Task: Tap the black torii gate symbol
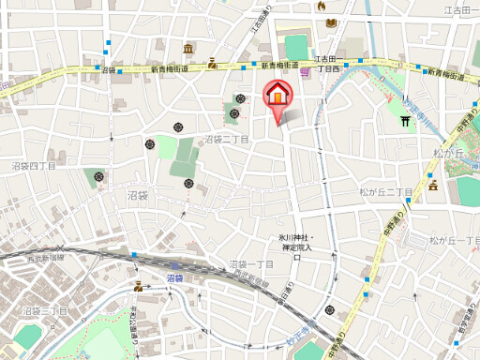(x=406, y=120)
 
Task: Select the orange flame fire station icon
(x=322, y=7)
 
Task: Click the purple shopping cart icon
(x=306, y=73)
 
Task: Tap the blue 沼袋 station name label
(x=175, y=277)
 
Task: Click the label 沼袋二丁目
(x=227, y=139)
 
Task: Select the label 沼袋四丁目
(x=34, y=166)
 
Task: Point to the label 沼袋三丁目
(x=43, y=308)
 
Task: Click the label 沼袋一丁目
(x=251, y=264)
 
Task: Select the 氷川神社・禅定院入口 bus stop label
(x=297, y=242)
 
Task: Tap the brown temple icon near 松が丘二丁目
(x=434, y=186)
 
